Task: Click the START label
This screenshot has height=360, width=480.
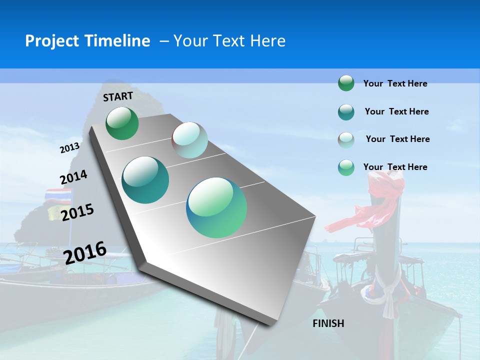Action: (x=118, y=96)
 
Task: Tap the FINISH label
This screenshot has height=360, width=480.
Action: (x=328, y=323)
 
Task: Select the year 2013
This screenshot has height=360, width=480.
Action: (x=69, y=148)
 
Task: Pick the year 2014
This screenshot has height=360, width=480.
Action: (x=73, y=177)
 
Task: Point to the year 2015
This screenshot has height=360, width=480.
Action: (x=77, y=212)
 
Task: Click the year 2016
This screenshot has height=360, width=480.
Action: (x=85, y=252)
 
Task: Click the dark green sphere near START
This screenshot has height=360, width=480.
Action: (x=122, y=123)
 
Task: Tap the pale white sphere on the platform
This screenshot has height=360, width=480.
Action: (x=189, y=140)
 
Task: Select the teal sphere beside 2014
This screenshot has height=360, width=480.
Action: (x=145, y=180)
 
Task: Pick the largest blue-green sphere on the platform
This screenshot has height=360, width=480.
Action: (x=216, y=207)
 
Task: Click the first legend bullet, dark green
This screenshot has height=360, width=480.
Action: (x=346, y=83)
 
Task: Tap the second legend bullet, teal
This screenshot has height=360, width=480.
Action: (x=346, y=112)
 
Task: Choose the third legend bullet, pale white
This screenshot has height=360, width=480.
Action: (x=346, y=140)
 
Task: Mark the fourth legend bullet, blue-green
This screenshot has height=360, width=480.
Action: (x=346, y=167)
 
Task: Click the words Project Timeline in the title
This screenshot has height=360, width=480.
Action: (x=87, y=41)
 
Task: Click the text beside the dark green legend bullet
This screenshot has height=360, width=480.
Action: (x=395, y=83)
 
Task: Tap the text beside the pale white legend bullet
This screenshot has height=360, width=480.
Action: (x=397, y=139)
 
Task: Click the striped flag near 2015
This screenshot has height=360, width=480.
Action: (x=58, y=194)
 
